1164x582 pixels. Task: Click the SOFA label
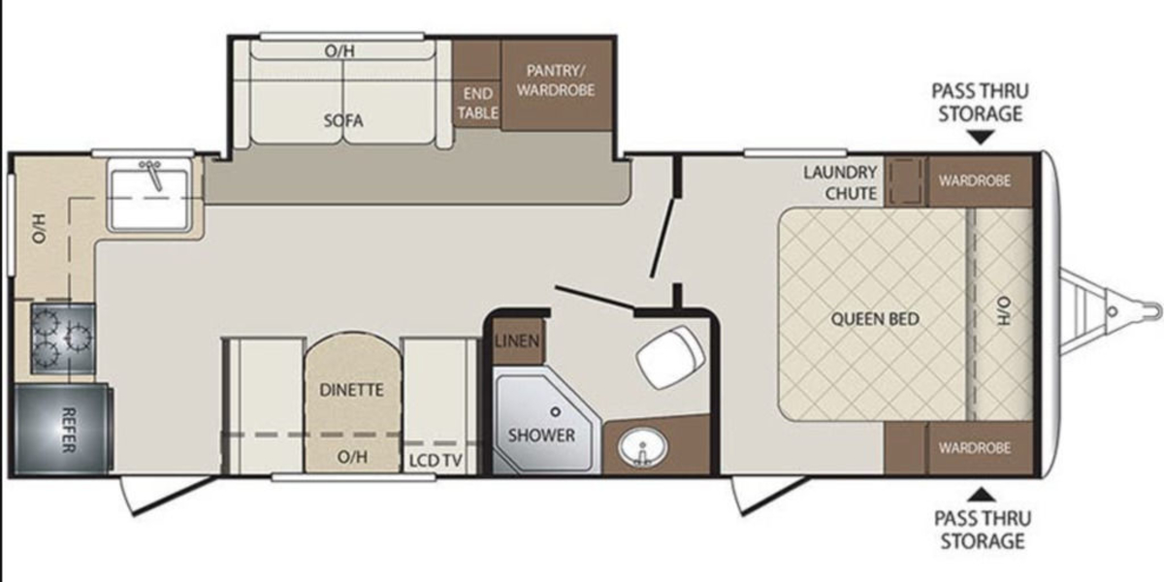(x=343, y=120)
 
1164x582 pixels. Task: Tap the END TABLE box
(x=477, y=104)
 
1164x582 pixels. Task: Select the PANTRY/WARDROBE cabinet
(x=557, y=85)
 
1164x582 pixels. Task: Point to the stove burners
(x=63, y=339)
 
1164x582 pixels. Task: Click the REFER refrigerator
(x=61, y=429)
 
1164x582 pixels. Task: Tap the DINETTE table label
(x=352, y=390)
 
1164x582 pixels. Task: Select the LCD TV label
(x=436, y=461)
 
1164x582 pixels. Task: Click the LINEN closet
(x=518, y=341)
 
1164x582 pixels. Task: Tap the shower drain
(x=556, y=411)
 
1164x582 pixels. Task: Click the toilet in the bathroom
(x=670, y=357)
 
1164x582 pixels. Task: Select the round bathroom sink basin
(x=643, y=447)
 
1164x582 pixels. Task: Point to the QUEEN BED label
(x=875, y=318)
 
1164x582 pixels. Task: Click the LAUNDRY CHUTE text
(x=841, y=182)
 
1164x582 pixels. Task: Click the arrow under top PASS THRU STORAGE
(x=980, y=137)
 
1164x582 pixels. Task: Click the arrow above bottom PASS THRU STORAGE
(x=982, y=495)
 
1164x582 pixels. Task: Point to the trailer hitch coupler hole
(x=1112, y=311)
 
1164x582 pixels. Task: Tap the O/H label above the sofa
(x=339, y=50)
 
